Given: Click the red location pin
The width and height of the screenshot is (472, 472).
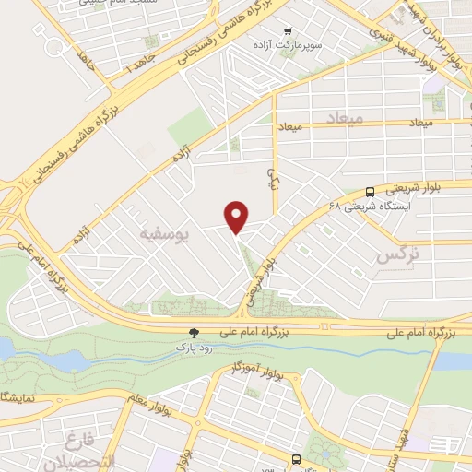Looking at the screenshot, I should tap(237, 217).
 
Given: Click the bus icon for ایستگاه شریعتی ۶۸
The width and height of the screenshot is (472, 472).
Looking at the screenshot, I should tap(370, 193).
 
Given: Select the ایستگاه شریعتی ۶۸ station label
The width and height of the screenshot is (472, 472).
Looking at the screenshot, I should tap(369, 206).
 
